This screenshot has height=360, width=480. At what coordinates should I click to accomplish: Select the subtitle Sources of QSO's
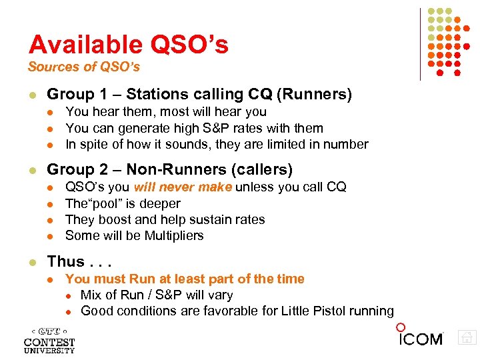pyautogui.click(x=83, y=67)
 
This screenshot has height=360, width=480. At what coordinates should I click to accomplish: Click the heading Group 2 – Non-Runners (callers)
pyautogui.click(x=170, y=170)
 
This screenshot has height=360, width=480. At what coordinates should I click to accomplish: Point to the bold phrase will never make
pyautogui.click(x=183, y=187)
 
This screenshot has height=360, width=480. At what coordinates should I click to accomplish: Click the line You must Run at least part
pyautogui.click(x=185, y=279)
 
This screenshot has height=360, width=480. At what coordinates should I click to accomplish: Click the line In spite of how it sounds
pyautogui.click(x=217, y=144)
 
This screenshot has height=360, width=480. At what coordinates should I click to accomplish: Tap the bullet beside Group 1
pyautogui.click(x=32, y=95)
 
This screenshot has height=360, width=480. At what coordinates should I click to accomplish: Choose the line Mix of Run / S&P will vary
pyautogui.click(x=157, y=295)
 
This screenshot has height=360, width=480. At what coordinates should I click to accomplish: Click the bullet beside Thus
pyautogui.click(x=32, y=262)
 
